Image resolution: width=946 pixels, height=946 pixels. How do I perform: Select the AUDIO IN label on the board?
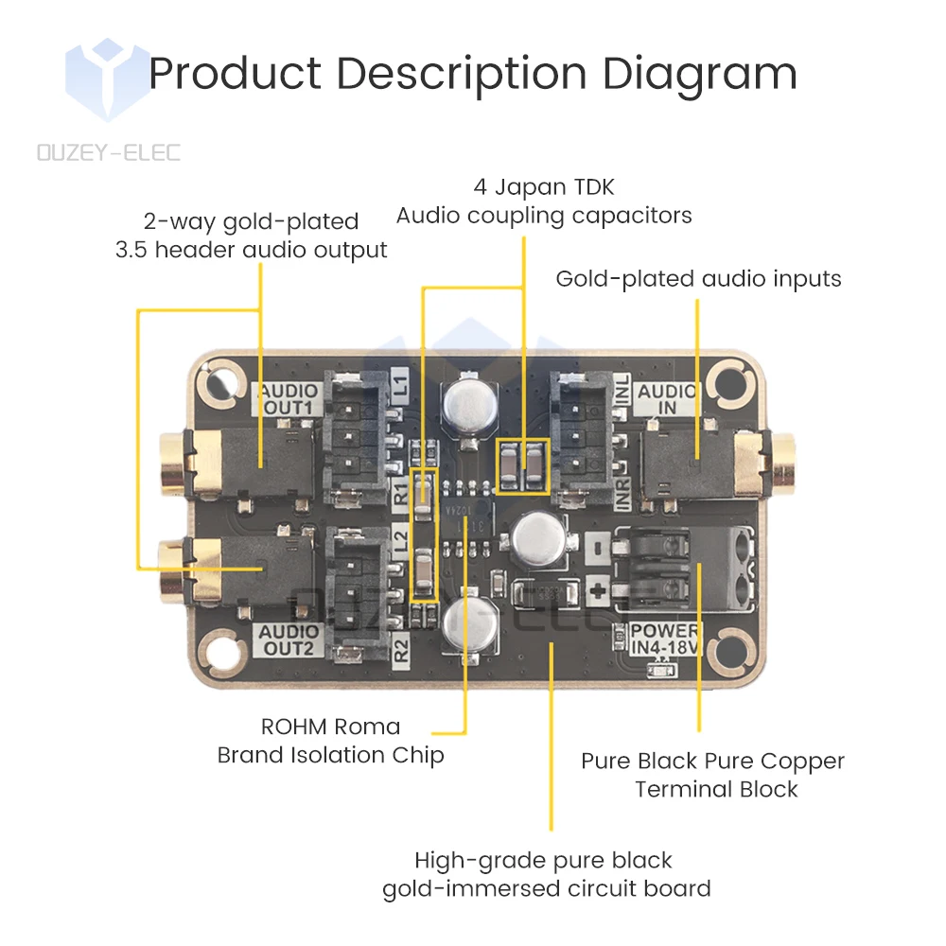pyautogui.click(x=667, y=398)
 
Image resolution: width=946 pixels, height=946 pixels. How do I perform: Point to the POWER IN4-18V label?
pyautogui.click(x=665, y=639)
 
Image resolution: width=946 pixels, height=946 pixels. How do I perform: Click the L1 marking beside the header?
pyautogui.click(x=400, y=385)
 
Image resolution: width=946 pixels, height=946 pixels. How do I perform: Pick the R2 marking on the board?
pyautogui.click(x=400, y=650)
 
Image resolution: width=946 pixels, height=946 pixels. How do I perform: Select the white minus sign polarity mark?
pyautogui.click(x=597, y=547)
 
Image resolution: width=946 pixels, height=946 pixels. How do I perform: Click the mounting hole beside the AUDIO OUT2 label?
pyautogui.click(x=218, y=653)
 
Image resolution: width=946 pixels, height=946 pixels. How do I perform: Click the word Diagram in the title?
pyautogui.click(x=699, y=74)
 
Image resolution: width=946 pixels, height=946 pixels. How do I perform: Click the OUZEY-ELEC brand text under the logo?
pyautogui.click(x=109, y=151)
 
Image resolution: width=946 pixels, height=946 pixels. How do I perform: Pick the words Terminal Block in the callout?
pyautogui.click(x=716, y=789)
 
